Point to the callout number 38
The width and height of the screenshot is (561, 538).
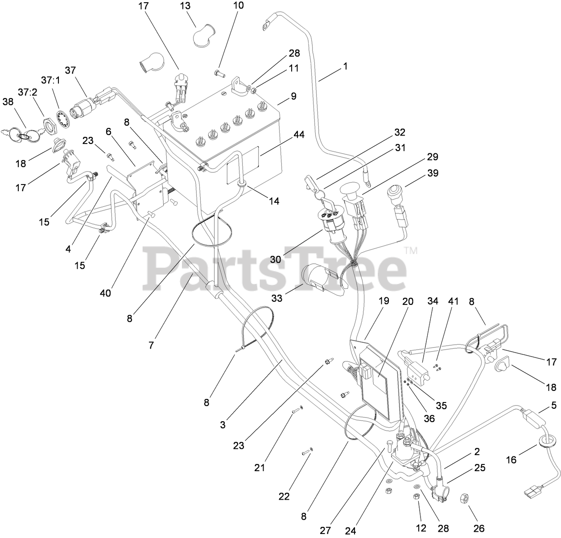click(x=8, y=102)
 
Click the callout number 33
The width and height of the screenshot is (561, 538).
click(x=277, y=298)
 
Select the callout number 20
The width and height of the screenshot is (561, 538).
click(x=408, y=301)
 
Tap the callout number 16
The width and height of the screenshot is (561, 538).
click(x=511, y=459)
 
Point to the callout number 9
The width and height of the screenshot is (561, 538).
click(x=293, y=96)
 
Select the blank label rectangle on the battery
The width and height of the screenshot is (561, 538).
click(x=243, y=165)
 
